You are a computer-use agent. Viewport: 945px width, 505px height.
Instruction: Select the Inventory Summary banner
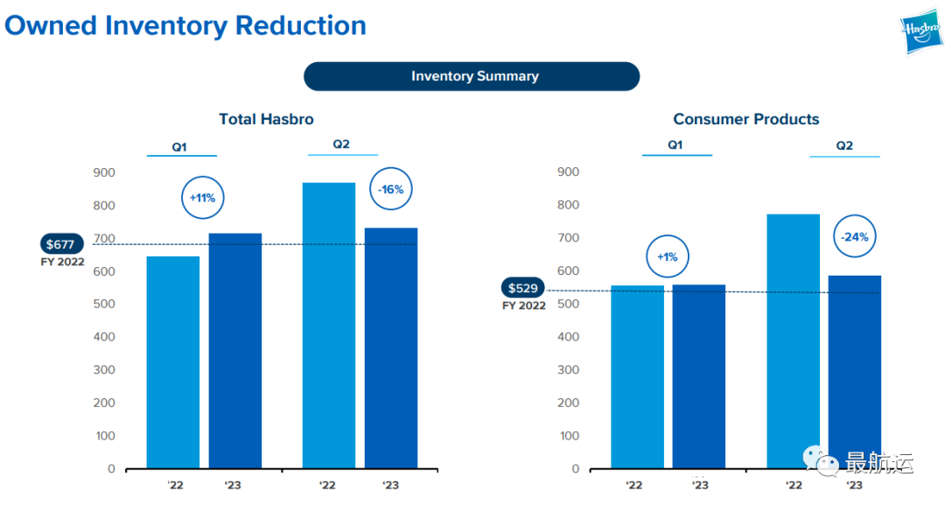pos(472,76)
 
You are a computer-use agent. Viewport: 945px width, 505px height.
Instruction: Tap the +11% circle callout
pos(202,198)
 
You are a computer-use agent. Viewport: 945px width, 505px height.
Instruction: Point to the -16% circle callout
pos(390,188)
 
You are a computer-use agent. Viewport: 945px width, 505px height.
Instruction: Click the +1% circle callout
pos(668,257)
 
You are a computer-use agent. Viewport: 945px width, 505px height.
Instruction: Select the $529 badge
pos(523,289)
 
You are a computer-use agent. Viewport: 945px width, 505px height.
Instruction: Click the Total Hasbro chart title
pos(266,119)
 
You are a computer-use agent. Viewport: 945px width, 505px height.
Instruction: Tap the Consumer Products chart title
pos(745,119)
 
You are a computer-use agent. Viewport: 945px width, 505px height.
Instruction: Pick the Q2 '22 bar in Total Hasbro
pos(328,326)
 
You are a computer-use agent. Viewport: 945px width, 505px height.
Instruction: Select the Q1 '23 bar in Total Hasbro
pos(234,350)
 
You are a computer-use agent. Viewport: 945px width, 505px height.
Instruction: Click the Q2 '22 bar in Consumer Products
pos(793,341)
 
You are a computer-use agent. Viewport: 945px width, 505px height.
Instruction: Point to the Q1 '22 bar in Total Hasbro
pos(172,362)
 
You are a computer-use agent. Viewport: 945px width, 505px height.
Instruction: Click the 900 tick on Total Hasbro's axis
pos(104,172)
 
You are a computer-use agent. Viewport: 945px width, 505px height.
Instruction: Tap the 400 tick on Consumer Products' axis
pos(569,337)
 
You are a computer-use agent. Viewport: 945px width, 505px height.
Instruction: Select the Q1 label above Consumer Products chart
pos(675,145)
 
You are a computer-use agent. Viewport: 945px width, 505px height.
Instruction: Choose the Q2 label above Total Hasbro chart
pos(341,144)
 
